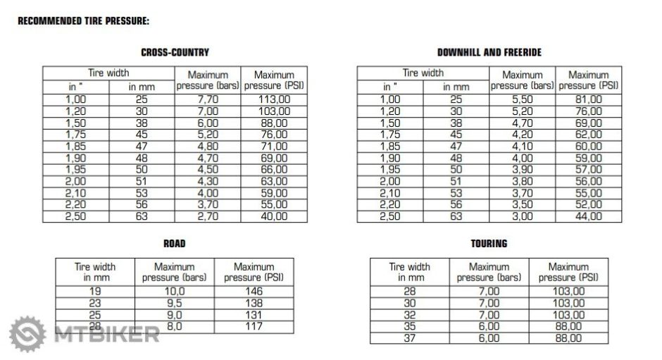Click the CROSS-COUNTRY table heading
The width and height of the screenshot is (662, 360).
(x=175, y=52)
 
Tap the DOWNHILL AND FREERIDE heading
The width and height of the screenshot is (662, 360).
(x=489, y=52)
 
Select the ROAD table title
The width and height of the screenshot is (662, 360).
(x=175, y=244)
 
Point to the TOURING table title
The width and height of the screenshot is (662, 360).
(x=489, y=244)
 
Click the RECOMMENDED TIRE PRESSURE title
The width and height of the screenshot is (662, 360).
(x=83, y=20)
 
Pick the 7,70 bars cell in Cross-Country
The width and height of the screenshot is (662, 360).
(x=208, y=99)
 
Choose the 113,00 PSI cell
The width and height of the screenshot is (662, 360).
(x=274, y=99)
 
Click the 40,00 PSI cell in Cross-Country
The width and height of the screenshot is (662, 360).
(x=274, y=216)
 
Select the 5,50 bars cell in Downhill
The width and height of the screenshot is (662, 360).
(x=523, y=99)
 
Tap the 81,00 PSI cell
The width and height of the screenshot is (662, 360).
(x=589, y=99)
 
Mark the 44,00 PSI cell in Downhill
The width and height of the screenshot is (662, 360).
(x=589, y=216)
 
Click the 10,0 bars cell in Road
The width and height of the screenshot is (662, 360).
(x=174, y=290)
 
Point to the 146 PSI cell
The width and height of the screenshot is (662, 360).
(x=254, y=290)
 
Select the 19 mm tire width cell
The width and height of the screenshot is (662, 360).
(x=94, y=290)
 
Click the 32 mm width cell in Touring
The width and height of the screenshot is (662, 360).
(x=409, y=315)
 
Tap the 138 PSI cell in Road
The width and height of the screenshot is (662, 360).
(x=254, y=302)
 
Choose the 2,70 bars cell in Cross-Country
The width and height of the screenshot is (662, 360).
(x=208, y=216)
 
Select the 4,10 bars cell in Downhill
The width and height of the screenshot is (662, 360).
(x=523, y=147)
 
